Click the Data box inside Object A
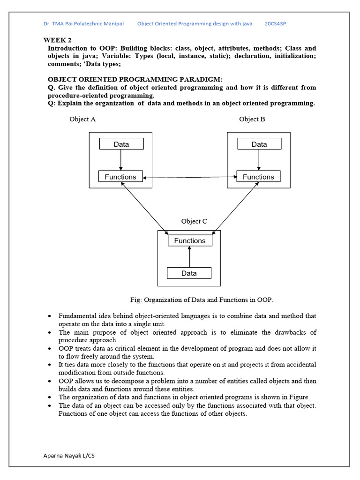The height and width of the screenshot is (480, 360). coord(121,144)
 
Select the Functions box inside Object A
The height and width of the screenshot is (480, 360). coord(120,177)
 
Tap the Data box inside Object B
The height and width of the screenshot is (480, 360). coord(259,144)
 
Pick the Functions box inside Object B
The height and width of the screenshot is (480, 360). coord(258,177)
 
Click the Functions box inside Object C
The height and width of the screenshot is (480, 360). coord(190,240)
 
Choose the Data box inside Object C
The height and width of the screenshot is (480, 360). coord(189,273)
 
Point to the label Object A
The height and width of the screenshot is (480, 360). coord(82,119)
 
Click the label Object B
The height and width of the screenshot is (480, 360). coord(252,119)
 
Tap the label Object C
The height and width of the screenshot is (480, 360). coord(194,221)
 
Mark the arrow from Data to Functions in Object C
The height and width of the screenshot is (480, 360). coord(189,257)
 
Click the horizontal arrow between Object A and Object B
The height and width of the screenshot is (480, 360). coord(189,177)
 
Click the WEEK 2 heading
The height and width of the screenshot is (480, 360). coord(58,40)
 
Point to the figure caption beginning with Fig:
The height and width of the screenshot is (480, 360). coord(202,300)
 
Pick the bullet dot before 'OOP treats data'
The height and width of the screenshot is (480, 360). coord(50,349)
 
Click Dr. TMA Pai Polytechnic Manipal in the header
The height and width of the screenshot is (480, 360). coord(83,23)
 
